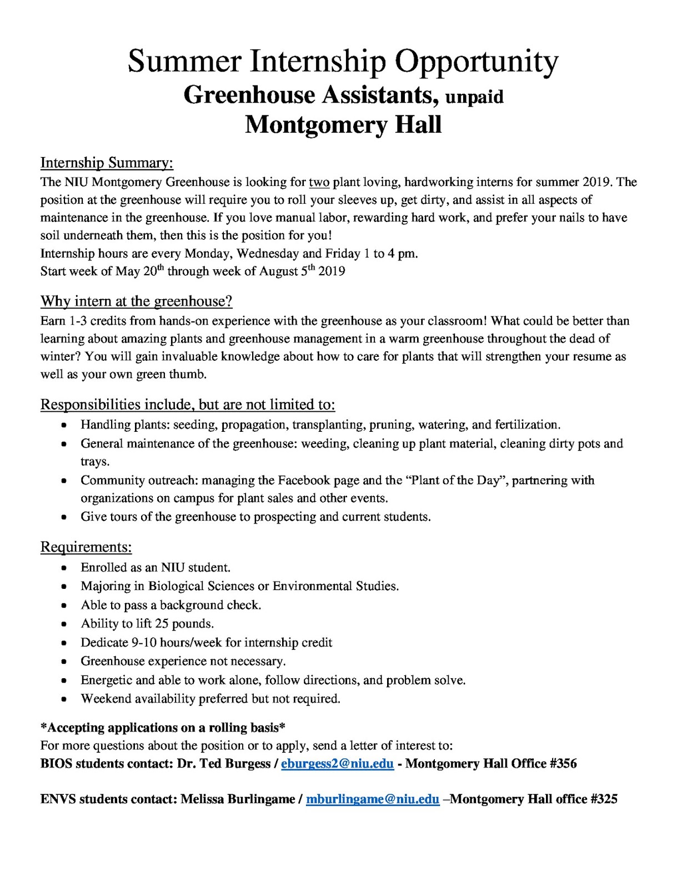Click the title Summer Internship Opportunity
(343, 61)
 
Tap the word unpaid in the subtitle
(474, 97)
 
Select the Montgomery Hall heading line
(343, 125)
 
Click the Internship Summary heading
(107, 163)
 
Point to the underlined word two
(319, 182)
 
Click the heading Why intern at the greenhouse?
(136, 301)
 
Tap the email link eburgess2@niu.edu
(337, 764)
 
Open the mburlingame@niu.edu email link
(372, 799)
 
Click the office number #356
(563, 764)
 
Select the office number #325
(604, 799)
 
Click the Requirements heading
(86, 547)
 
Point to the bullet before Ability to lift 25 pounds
(64, 624)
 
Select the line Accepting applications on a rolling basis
(163, 728)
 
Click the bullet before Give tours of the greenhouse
(64, 517)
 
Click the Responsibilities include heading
(187, 405)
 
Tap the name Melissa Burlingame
(238, 799)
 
